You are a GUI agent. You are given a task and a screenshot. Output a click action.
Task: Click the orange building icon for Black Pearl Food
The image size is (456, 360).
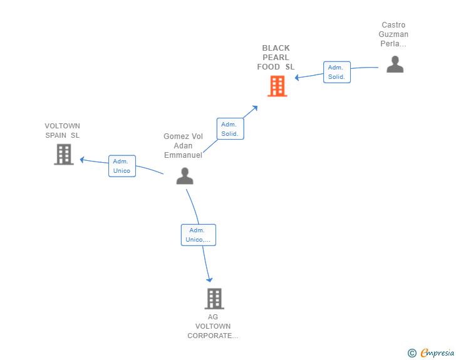point(277,86)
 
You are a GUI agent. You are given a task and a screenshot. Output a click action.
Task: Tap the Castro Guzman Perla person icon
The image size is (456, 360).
point(395,64)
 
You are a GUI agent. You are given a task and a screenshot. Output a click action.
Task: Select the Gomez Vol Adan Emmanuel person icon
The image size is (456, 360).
point(185,176)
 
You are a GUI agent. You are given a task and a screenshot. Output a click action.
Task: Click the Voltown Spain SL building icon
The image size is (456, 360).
point(64,155)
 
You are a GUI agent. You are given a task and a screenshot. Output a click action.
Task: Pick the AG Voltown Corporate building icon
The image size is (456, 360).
point(214,299)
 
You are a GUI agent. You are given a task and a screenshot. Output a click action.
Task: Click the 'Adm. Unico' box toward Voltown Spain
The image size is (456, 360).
point(122,166)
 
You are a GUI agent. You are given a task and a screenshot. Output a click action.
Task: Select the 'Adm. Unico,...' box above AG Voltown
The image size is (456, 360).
point(199,235)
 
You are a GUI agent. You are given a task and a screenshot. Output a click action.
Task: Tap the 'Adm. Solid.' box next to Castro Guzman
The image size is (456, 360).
point(337,72)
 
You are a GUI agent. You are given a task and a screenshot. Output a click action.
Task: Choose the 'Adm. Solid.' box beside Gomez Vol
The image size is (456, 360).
point(231,129)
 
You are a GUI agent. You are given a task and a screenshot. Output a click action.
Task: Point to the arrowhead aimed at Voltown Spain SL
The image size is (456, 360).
point(82,160)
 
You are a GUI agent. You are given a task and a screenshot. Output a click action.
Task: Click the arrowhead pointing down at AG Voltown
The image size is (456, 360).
point(209,280)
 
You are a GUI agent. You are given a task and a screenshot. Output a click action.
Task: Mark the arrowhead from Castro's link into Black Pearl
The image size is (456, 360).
point(297,78)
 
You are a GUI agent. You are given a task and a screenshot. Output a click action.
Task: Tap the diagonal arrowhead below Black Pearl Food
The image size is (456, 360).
point(255,108)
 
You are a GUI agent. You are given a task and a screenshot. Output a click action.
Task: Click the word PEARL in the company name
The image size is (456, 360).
point(276,57)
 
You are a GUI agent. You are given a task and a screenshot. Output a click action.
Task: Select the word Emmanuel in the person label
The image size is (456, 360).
point(183,155)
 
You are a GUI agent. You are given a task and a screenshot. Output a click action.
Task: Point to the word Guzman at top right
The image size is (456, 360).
point(393,34)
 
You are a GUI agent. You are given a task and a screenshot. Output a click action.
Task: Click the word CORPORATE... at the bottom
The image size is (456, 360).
point(213,336)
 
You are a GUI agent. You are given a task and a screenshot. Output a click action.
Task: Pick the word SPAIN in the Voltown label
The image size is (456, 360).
point(56,135)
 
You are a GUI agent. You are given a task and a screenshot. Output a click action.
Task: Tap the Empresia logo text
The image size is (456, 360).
point(437,352)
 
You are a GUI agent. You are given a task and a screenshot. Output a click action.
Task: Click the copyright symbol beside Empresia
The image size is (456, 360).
point(412,353)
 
